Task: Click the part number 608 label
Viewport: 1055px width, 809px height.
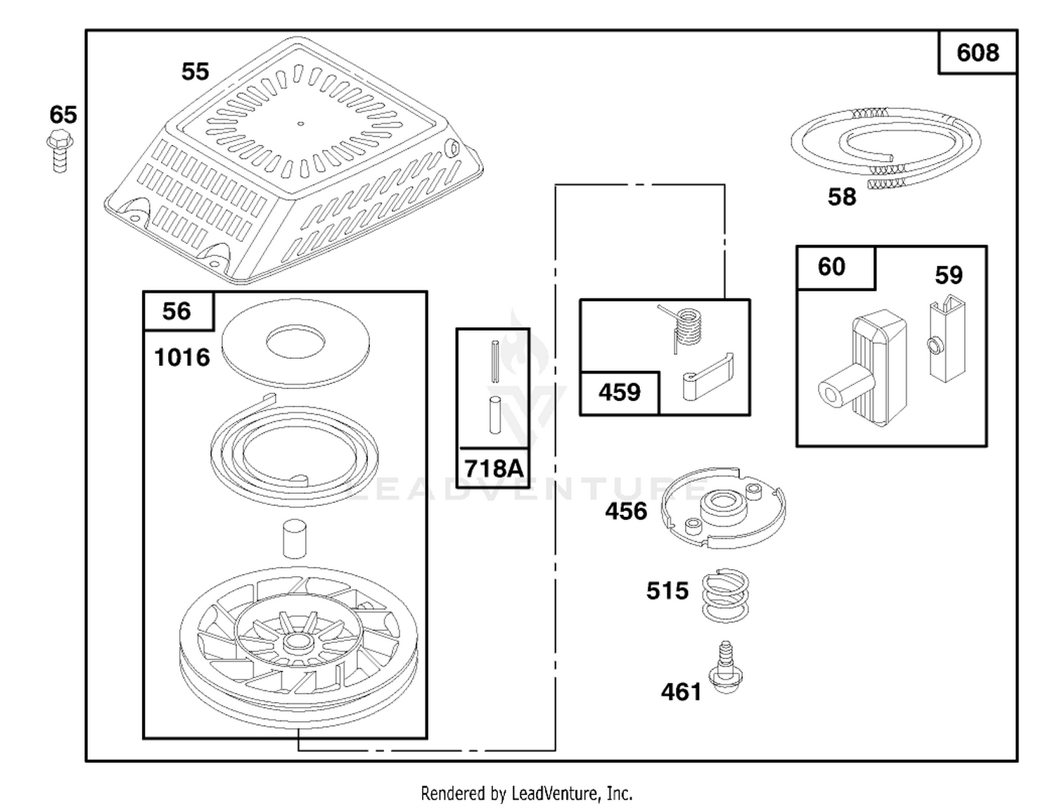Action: (978, 53)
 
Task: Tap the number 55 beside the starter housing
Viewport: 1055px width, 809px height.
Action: (195, 71)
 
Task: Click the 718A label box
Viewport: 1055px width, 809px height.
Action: (494, 468)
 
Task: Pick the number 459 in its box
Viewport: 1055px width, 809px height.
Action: (620, 393)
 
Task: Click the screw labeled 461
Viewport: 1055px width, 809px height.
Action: (726, 666)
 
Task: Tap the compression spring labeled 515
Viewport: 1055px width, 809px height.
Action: (726, 595)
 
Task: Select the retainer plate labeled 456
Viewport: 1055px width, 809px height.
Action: (724, 508)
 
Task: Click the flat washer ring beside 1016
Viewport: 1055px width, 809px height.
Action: (295, 343)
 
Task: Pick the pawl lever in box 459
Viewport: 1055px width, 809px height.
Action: (708, 377)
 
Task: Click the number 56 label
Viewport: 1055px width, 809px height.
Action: (177, 311)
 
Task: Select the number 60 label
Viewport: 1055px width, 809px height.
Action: (831, 267)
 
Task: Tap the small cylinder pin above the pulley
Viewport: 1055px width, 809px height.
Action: (295, 539)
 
